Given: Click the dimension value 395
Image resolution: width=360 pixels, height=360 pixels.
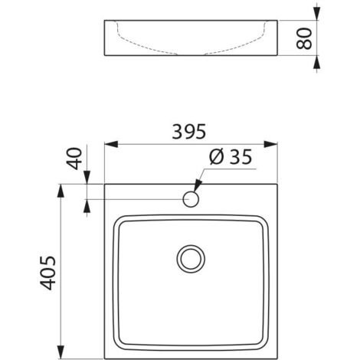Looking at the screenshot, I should click(x=189, y=131).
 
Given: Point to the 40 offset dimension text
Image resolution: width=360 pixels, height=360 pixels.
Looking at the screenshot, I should click(x=74, y=161).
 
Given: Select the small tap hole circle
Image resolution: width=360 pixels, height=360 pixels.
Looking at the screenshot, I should click(x=191, y=200).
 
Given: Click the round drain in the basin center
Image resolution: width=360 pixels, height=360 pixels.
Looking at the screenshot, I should click(x=190, y=257).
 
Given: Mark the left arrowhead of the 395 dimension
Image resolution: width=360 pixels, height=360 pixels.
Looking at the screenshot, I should click(x=108, y=144).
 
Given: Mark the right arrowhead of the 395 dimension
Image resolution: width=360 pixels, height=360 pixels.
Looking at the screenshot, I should click(x=273, y=144).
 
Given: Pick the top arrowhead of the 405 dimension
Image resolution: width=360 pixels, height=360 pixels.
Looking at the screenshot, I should click(x=61, y=188).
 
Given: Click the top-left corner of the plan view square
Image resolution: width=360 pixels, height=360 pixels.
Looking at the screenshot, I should click(x=104, y=184).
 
